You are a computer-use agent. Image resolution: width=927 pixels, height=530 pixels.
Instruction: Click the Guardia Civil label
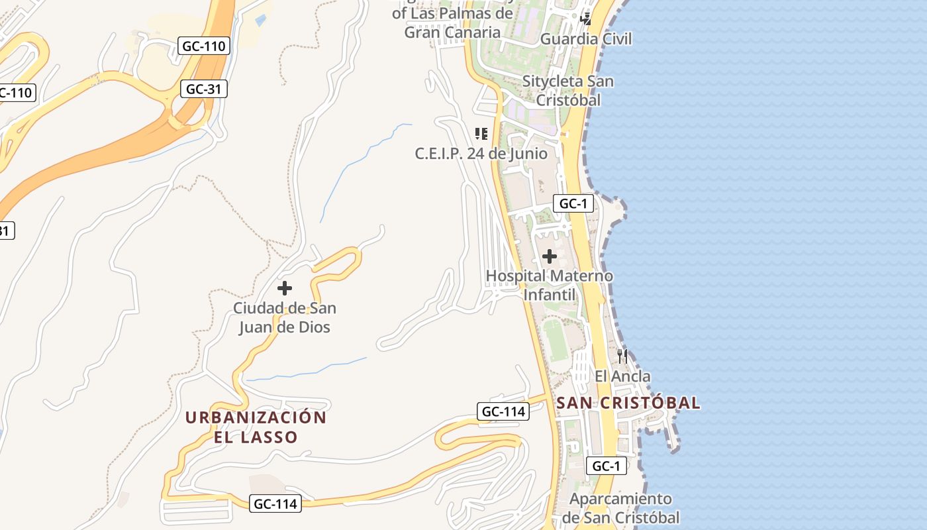pyautogui.click(x=586, y=39)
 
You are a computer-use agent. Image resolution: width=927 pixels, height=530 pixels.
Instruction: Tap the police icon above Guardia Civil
pyautogui.click(x=585, y=19)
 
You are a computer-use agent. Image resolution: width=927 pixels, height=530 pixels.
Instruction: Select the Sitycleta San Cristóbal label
pyautogui.click(x=568, y=91)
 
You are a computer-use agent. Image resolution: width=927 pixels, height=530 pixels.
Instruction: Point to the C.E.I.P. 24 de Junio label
pyautogui.click(x=481, y=154)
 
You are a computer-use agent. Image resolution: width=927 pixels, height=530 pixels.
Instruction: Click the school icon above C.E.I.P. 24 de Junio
pyautogui.click(x=481, y=134)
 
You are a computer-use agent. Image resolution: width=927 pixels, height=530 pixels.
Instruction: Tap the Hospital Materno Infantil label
pyautogui.click(x=550, y=285)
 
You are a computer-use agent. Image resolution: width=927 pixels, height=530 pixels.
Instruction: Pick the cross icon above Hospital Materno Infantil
pyautogui.click(x=549, y=256)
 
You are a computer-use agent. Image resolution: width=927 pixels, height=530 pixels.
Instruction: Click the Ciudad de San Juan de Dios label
pyautogui.click(x=285, y=317)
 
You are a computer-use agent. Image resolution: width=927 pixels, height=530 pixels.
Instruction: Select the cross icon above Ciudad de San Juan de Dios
pyautogui.click(x=285, y=288)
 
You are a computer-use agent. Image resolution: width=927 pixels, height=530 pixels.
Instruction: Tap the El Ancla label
pyautogui.click(x=622, y=376)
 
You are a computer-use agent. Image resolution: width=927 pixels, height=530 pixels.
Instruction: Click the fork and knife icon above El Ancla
pyautogui.click(x=622, y=356)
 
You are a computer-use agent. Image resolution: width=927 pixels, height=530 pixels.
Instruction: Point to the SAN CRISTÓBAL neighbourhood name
pyautogui.click(x=628, y=403)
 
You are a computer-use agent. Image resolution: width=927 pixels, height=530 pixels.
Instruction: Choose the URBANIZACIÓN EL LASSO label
pyautogui.click(x=256, y=427)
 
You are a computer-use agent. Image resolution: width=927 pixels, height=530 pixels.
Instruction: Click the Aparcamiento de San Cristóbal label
pyautogui.click(x=621, y=508)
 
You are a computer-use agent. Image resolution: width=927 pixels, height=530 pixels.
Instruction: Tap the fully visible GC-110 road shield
pyautogui.click(x=205, y=46)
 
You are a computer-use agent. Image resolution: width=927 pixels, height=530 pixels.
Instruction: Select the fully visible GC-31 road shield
pyautogui.click(x=204, y=89)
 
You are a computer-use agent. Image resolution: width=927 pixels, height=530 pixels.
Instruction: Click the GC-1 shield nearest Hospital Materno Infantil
pyautogui.click(x=573, y=203)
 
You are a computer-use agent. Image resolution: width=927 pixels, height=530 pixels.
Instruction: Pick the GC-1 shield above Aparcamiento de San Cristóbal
pyautogui.click(x=606, y=466)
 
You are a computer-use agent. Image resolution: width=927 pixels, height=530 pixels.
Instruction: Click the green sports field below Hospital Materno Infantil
pyautogui.click(x=556, y=340)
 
